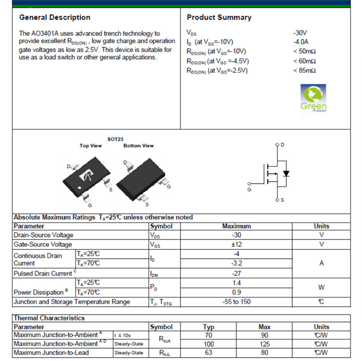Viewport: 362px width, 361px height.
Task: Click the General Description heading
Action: [55, 17]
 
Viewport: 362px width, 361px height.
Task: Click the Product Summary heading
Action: [219, 17]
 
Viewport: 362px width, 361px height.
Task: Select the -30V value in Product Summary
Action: [300, 33]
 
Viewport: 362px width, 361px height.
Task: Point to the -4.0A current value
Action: [300, 42]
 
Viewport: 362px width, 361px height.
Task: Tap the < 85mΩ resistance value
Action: [304, 70]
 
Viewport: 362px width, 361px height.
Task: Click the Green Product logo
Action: [313, 98]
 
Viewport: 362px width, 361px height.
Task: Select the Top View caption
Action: [91, 146]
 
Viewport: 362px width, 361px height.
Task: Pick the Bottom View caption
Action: [139, 146]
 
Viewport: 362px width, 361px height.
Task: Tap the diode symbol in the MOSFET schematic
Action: [286, 173]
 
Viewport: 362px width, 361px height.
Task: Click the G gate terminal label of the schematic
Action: [249, 190]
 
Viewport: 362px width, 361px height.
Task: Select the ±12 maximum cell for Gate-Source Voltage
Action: [237, 244]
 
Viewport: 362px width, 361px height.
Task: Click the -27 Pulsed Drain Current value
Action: [237, 273]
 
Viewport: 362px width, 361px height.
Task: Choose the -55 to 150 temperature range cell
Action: [237, 302]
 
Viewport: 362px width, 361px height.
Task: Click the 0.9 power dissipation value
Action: [237, 292]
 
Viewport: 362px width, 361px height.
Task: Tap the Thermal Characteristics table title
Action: [49, 318]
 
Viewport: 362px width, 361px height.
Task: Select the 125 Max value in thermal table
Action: [265, 344]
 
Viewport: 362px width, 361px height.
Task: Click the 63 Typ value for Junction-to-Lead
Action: [209, 352]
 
